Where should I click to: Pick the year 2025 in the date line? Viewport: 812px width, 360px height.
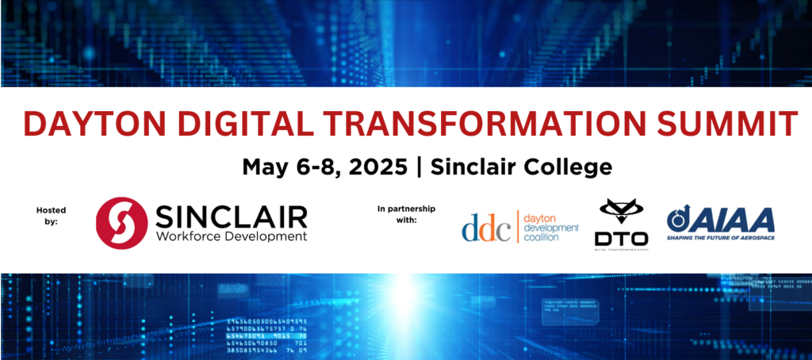[376, 167]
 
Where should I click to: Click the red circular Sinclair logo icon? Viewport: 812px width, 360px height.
[121, 223]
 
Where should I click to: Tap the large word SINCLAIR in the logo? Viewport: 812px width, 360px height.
[231, 214]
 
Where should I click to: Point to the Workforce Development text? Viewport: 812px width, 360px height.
[231, 236]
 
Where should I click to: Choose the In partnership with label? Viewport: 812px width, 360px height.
[405, 214]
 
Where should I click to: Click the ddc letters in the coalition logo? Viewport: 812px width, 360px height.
[486, 227]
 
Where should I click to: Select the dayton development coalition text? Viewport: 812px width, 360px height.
[553, 227]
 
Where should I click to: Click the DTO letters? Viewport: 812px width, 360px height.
[621, 238]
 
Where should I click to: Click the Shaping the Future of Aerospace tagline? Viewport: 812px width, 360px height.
[720, 237]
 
